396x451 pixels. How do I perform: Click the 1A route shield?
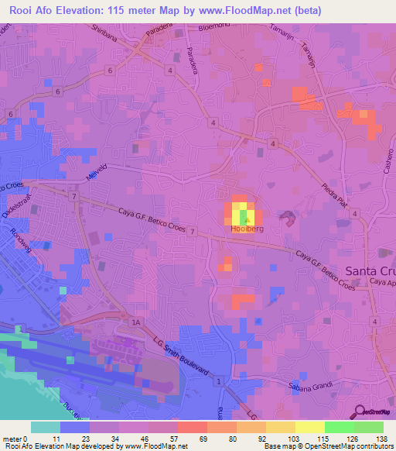137,321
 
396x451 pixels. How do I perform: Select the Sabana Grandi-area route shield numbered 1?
220,383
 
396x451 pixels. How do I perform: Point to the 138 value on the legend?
381,439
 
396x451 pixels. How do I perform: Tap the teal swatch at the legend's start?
46,427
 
